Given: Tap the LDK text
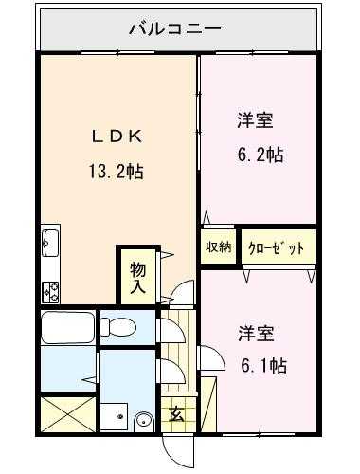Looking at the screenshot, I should pos(117,136).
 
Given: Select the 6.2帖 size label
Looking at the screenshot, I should pos(258,155).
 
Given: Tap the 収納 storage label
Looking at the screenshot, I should pos(218,247).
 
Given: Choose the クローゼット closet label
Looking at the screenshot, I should pos(276,248).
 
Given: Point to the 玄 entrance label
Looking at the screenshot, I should pos(176,413).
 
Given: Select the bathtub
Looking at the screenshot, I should pos(67,328).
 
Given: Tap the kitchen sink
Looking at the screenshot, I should pos(50,243).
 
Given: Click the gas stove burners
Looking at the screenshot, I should pos(50,289).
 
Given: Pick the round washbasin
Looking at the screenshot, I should pos(143,419).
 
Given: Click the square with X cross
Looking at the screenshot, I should pos(66,414).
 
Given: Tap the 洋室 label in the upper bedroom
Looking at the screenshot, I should pos(256,121).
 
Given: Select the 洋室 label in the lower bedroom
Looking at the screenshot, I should pos(257,334).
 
